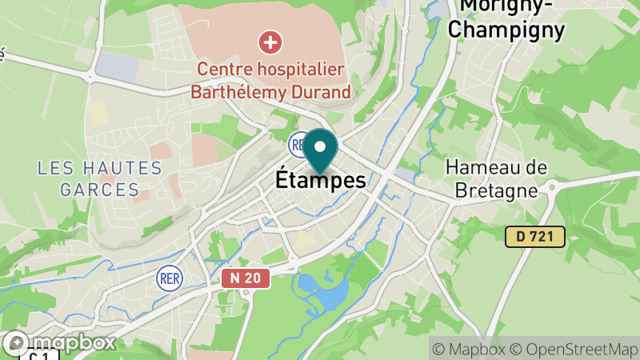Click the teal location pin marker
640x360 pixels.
[321, 148]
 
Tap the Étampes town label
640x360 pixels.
[321, 181]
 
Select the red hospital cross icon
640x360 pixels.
[271, 40]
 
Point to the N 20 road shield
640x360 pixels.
[246, 278]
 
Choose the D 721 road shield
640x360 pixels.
[535, 236]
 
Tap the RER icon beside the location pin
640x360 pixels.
[298, 144]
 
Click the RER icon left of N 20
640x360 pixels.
[170, 278]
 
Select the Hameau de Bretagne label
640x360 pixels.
[497, 178]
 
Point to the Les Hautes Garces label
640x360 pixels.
[100, 179]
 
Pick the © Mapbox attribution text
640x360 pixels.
[470, 349]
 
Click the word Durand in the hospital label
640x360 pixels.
[321, 92]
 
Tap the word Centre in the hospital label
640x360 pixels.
[227, 70]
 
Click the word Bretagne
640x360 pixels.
[497, 190]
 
